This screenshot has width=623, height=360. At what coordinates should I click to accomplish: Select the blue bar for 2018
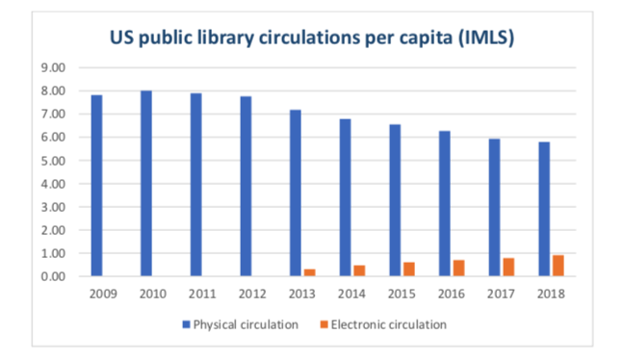point(544,209)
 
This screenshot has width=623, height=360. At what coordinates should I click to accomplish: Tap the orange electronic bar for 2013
point(309,272)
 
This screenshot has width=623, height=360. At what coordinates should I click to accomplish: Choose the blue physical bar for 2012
point(245,186)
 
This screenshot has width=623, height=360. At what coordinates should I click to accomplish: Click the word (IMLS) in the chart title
point(481,39)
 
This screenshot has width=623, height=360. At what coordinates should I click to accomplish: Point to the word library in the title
point(238,39)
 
